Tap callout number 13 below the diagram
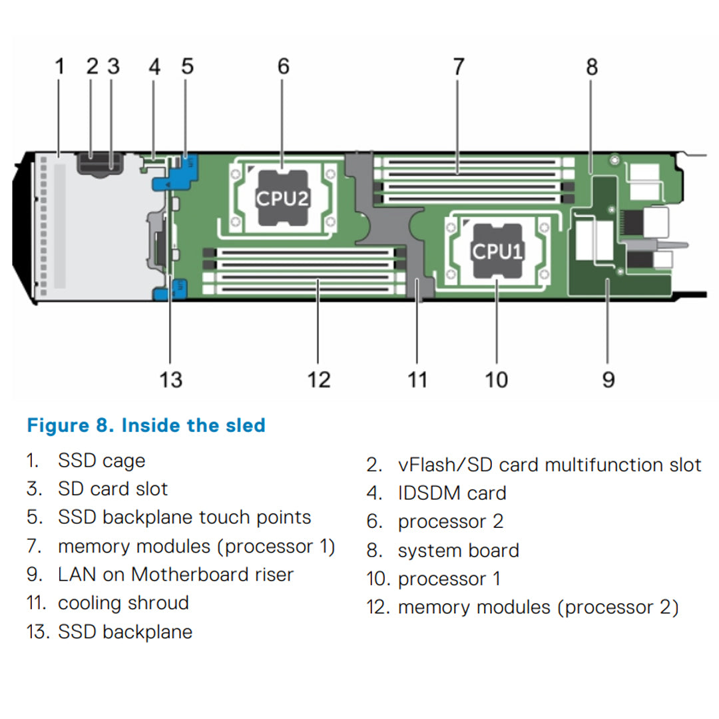(170, 379)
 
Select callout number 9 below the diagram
(608, 379)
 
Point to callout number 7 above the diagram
(458, 67)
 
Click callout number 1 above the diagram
(60, 67)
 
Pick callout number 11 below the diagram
(417, 379)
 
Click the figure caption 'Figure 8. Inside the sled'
(146, 425)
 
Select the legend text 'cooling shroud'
(123, 603)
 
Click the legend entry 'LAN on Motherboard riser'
(175, 575)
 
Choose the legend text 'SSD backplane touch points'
(184, 517)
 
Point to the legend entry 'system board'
(458, 551)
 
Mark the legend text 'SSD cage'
(101, 461)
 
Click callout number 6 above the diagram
(284, 67)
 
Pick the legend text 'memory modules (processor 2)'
(538, 608)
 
